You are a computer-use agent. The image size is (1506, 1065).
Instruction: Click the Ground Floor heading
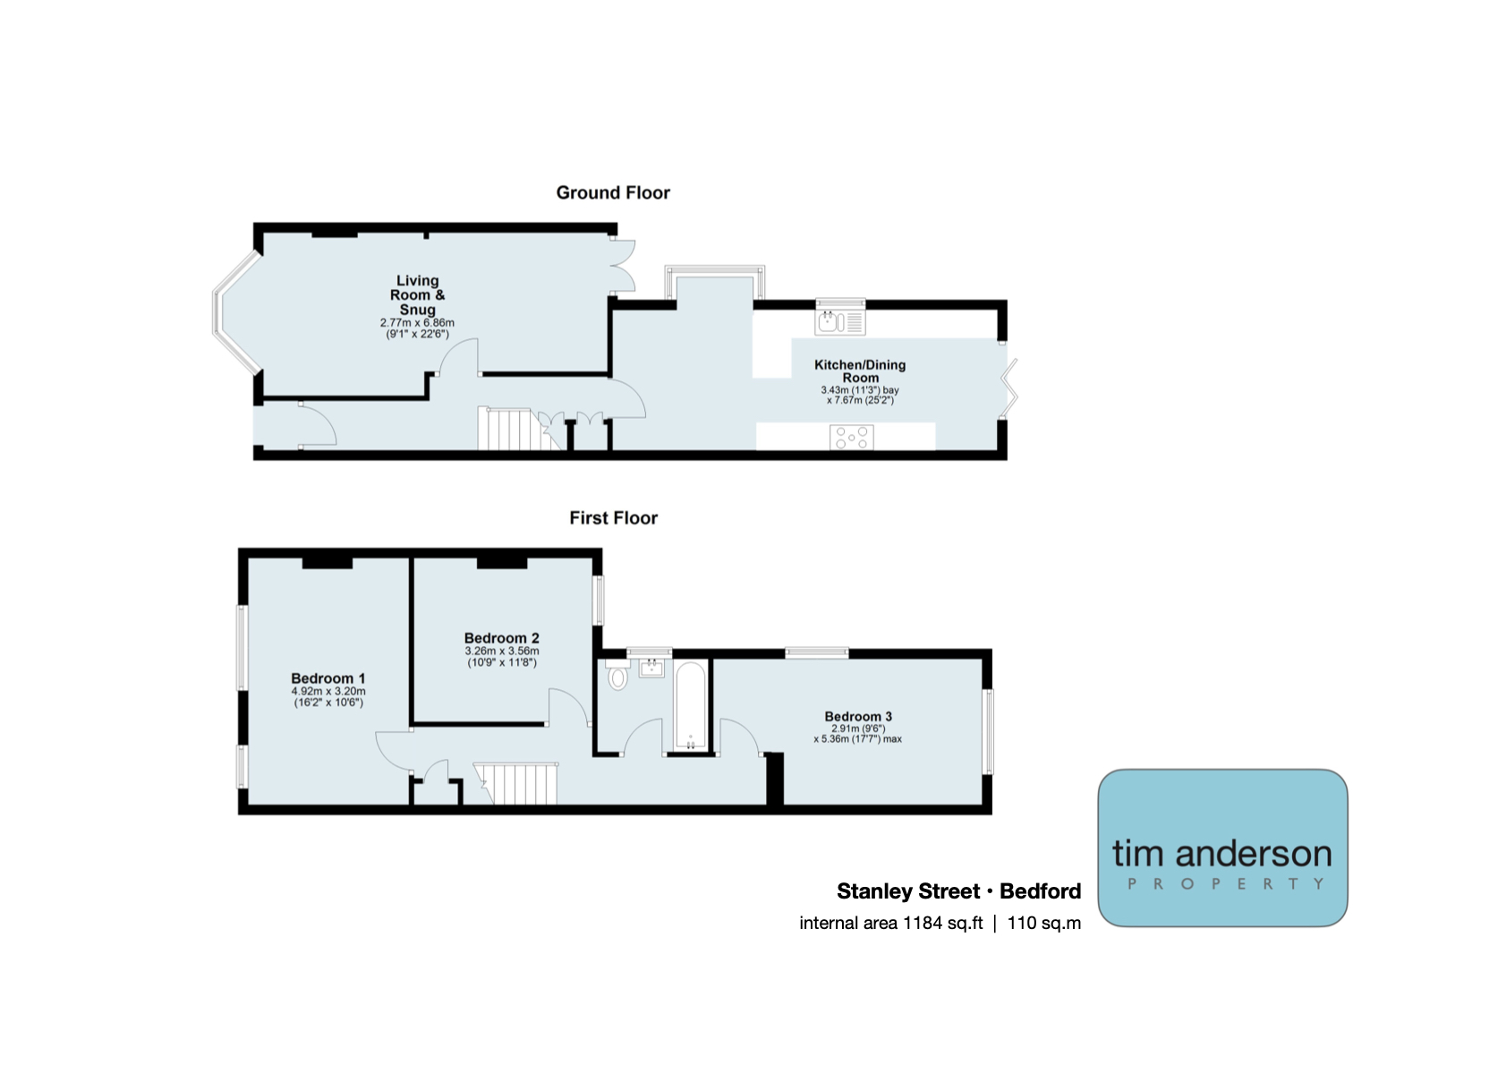click(x=612, y=193)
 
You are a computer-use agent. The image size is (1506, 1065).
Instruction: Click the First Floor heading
click(x=613, y=517)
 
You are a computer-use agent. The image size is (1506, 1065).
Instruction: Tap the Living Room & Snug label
click(x=418, y=295)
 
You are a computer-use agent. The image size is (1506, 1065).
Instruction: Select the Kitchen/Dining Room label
click(x=860, y=371)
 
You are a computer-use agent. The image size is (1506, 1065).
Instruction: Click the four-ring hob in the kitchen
click(x=852, y=437)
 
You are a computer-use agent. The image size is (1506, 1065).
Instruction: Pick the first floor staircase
click(x=516, y=783)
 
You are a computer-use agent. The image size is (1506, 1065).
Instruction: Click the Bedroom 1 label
click(x=328, y=678)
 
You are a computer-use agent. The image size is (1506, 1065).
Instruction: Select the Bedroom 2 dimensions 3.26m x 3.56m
click(x=501, y=651)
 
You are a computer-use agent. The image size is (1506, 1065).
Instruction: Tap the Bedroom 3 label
click(x=858, y=717)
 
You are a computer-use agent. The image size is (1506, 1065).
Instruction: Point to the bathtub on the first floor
click(x=690, y=706)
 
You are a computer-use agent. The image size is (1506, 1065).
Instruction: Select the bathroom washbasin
click(x=651, y=668)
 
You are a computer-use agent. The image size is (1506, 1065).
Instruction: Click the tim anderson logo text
click(x=1221, y=854)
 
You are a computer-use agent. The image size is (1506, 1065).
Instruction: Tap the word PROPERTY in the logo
click(x=1226, y=883)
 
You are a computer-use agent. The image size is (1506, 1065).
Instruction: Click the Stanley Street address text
click(x=958, y=891)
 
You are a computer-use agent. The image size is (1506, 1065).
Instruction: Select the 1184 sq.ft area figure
click(x=942, y=923)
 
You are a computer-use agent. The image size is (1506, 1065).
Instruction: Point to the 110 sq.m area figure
click(x=1044, y=923)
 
